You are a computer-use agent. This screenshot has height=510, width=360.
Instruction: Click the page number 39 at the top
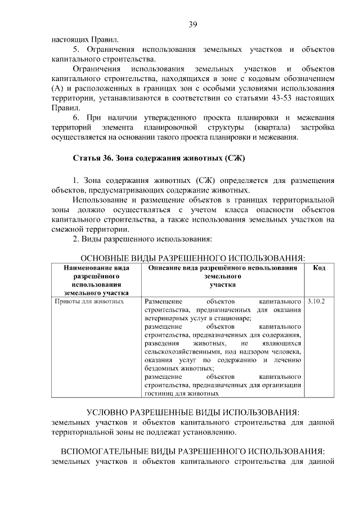pos(192,24)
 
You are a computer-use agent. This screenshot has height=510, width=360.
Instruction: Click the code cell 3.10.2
pos(316,301)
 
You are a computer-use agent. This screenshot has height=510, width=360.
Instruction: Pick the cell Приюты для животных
pos(88,301)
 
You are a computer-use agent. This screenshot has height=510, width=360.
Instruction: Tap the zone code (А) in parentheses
pos(58,88)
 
